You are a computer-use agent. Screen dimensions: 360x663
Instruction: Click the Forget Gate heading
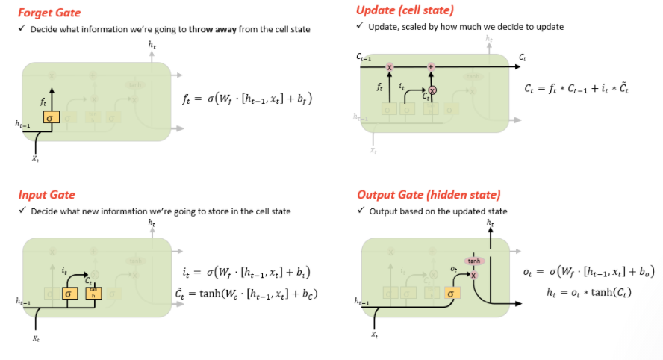(49, 13)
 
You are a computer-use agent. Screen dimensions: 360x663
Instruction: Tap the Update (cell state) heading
(405, 10)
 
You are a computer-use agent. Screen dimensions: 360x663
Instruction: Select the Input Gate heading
(46, 195)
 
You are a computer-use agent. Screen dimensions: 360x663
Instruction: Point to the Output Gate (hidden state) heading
(429, 195)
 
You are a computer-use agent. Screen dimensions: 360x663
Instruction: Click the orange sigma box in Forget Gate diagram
(49, 118)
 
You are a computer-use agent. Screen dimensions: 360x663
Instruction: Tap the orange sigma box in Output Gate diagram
(451, 294)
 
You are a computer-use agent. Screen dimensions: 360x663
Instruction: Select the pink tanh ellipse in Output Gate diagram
(474, 261)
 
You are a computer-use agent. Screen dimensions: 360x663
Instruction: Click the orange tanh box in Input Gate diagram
(93, 294)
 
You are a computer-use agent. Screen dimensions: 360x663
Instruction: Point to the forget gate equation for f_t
(248, 98)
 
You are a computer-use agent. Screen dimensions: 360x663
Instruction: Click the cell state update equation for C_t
(577, 88)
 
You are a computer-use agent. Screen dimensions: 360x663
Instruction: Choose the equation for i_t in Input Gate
(246, 272)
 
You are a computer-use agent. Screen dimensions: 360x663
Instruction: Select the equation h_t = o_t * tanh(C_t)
(588, 292)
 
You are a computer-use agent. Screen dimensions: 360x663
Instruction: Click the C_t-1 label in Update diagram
(365, 57)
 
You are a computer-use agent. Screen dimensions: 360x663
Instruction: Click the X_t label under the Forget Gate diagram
(35, 158)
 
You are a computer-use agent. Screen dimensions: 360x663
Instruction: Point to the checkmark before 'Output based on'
(361, 211)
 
